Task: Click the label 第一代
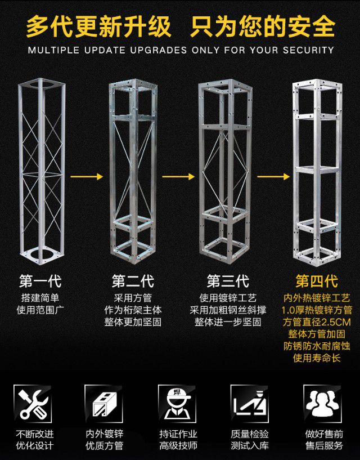point(40,280)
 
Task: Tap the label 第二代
point(133,280)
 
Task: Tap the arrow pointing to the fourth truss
point(273,177)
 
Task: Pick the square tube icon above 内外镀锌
point(104,403)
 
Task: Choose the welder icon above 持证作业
point(178,403)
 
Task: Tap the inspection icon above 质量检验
point(250,403)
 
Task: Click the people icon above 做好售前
point(323,403)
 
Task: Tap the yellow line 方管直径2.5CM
point(317,323)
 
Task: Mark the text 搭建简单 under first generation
point(40,298)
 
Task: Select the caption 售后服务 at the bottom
point(323,446)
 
